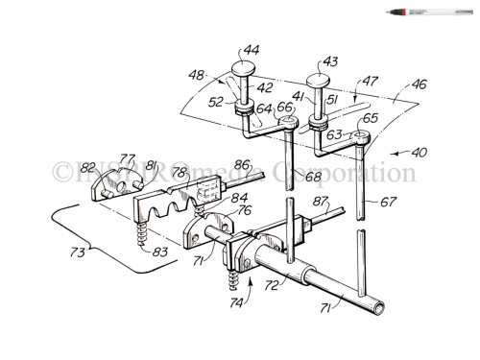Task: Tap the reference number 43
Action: (x=331, y=60)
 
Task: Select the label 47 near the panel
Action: (x=368, y=84)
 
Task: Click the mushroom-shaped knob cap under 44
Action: (x=244, y=67)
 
